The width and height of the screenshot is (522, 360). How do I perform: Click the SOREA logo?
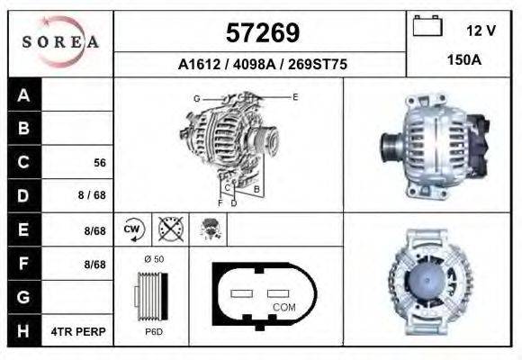pyautogui.click(x=60, y=42)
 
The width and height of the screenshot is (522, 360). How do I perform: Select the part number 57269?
pyautogui.click(x=261, y=33)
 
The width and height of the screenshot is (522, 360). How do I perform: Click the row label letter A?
pyautogui.click(x=24, y=95)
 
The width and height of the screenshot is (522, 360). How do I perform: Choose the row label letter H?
pyautogui.click(x=24, y=331)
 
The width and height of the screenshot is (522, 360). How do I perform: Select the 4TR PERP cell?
pyautogui.click(x=79, y=331)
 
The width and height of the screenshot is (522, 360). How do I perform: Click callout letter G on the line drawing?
pyautogui.click(x=196, y=97)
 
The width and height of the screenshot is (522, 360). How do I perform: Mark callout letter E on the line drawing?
pyautogui.click(x=294, y=95)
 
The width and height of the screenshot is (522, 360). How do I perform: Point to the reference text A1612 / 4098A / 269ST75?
pyautogui.click(x=261, y=64)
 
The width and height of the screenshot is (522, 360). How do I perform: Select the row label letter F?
pyautogui.click(x=24, y=264)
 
